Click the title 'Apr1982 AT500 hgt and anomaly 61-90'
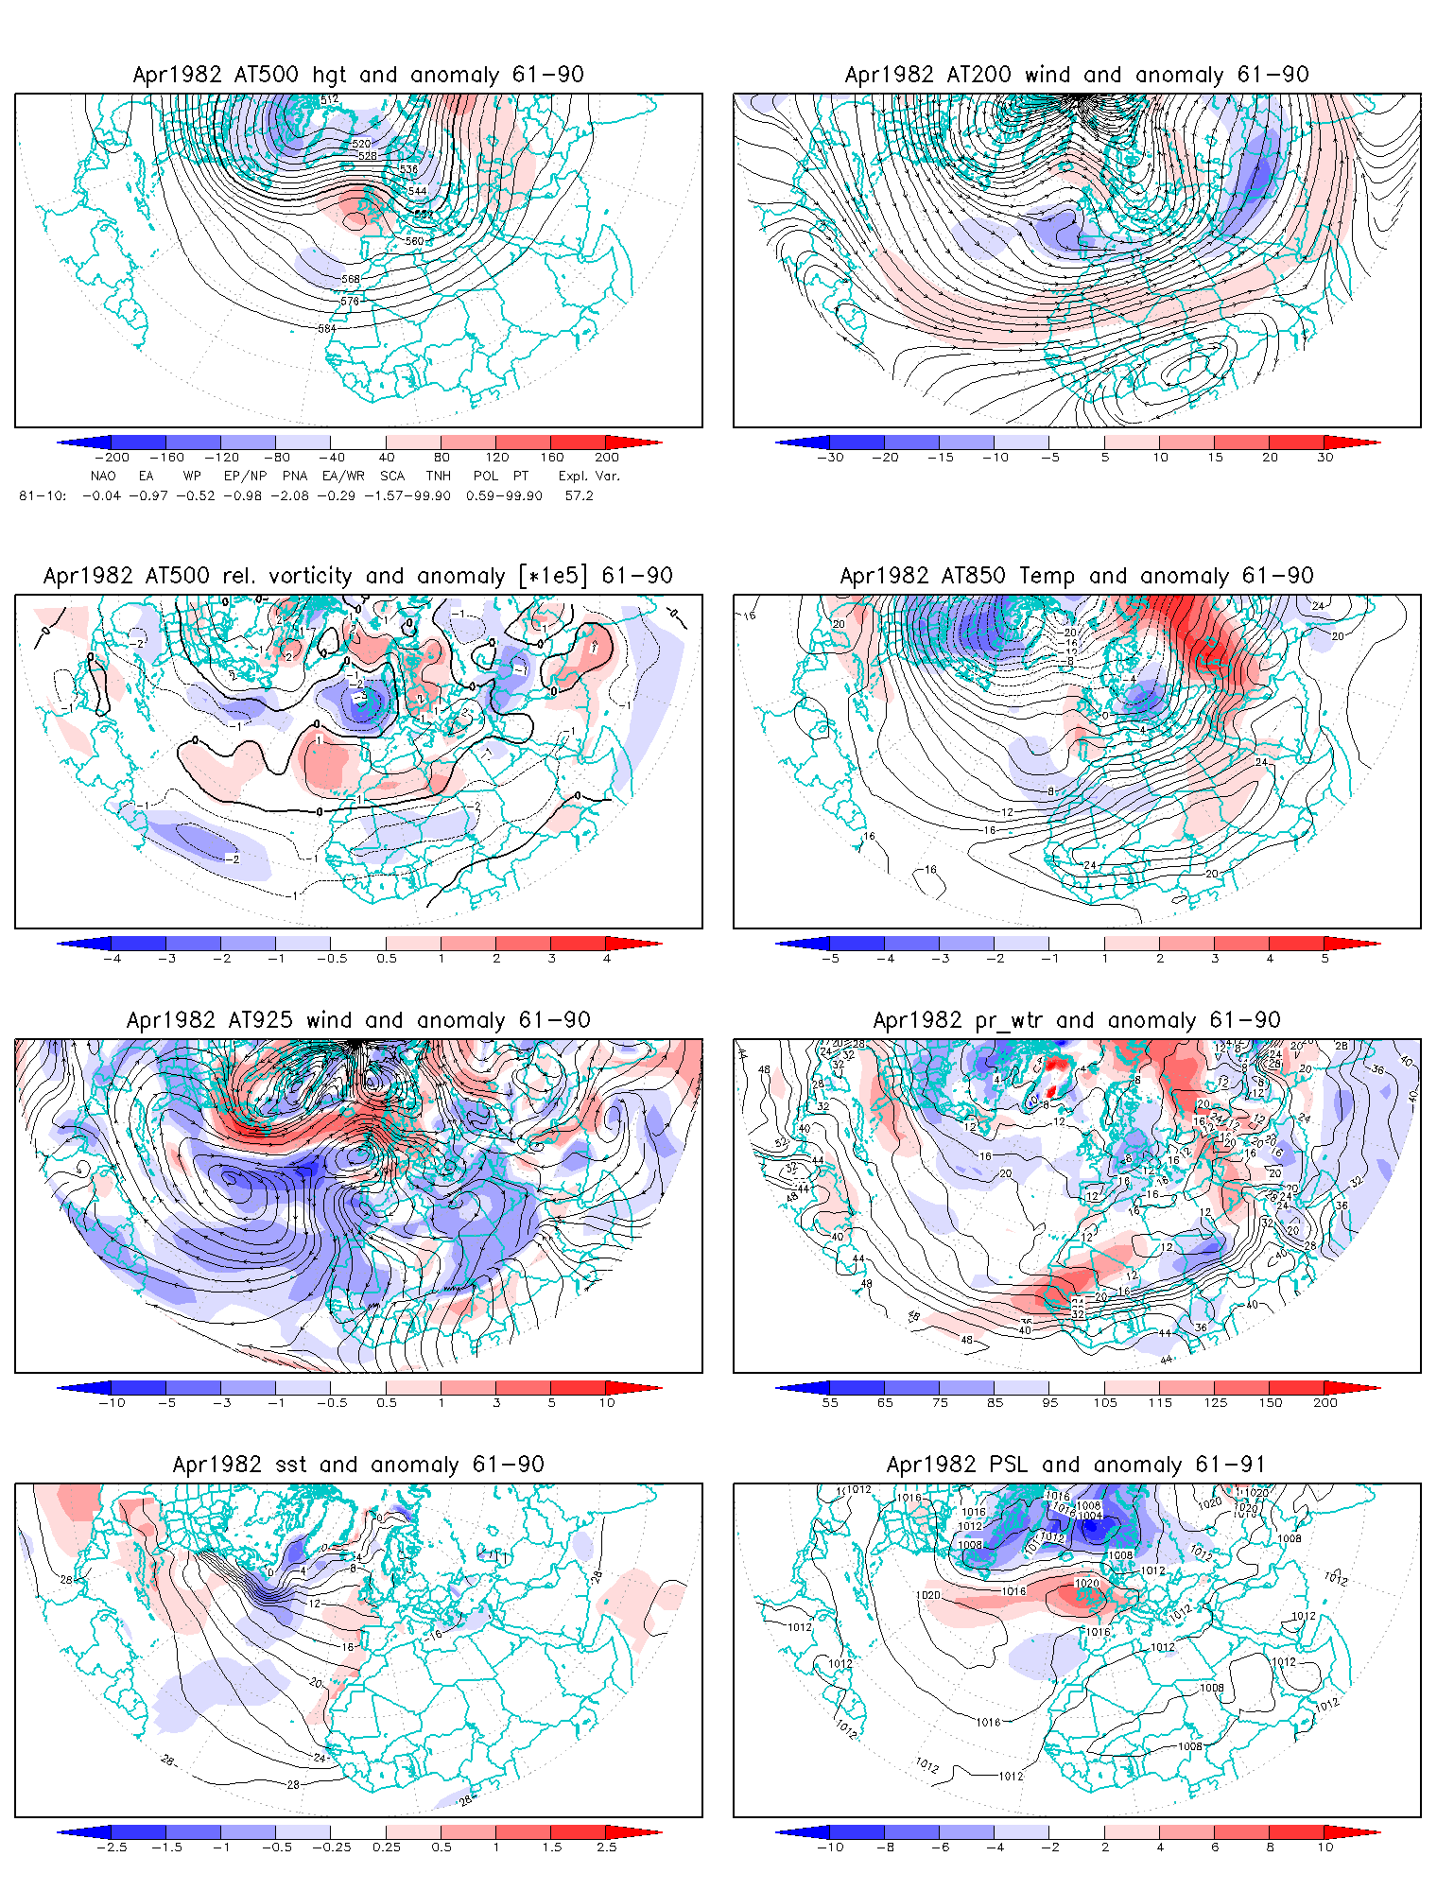pyautogui.click(x=358, y=75)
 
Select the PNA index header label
pyautogui.click(x=295, y=476)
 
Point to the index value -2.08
pyautogui.click(x=289, y=495)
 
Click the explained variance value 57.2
pyautogui.click(x=579, y=495)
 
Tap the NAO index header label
pyautogui.click(x=103, y=476)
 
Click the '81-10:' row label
pyautogui.click(x=43, y=495)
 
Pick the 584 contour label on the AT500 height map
pyautogui.click(x=327, y=328)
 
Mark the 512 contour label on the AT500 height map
pyautogui.click(x=329, y=99)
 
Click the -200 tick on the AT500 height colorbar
pyautogui.click(x=112, y=457)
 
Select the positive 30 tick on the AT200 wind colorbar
pyautogui.click(x=1325, y=457)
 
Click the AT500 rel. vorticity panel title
pyautogui.click(x=358, y=576)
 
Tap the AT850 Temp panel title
pyautogui.click(x=1077, y=576)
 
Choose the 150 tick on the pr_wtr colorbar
pyautogui.click(x=1271, y=1402)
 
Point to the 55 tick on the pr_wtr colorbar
pyautogui.click(x=830, y=1402)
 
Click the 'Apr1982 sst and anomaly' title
pyautogui.click(x=358, y=1465)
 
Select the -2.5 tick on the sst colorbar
pyautogui.click(x=112, y=1847)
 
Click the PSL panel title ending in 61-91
pyautogui.click(x=1077, y=1465)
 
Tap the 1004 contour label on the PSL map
pyautogui.click(x=1091, y=1516)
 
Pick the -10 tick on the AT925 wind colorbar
pyautogui.click(x=112, y=1402)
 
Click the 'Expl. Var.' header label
pyautogui.click(x=589, y=476)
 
